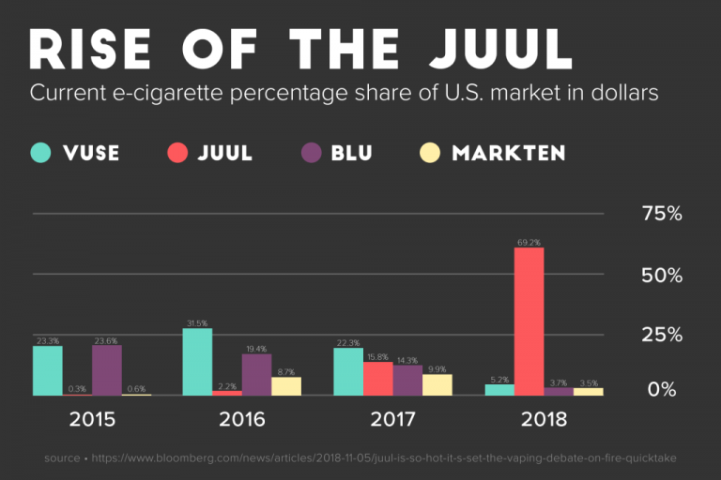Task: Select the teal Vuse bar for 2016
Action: [x=197, y=362]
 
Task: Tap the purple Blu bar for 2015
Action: [x=107, y=370]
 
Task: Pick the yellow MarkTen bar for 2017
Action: [x=437, y=384]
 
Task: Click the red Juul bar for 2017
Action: [x=378, y=378]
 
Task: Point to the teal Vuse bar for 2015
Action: [x=48, y=370]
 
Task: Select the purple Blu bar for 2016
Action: [x=256, y=374]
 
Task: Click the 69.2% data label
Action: [x=529, y=243]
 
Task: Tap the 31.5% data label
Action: [x=197, y=323]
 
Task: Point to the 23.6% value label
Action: [x=107, y=341]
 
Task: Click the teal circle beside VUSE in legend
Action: [x=41, y=152]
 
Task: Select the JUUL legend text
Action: [x=225, y=153]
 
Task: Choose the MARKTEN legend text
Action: [x=508, y=153]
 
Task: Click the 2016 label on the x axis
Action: [x=242, y=419]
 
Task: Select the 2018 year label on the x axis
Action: [x=544, y=419]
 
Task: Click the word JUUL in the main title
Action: [x=495, y=48]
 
